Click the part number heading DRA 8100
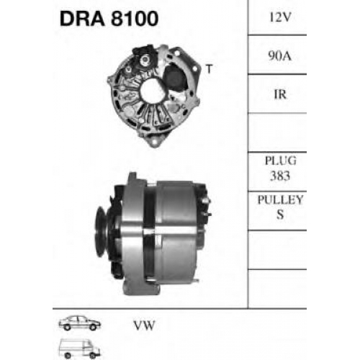[109, 19]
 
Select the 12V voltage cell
[280, 17]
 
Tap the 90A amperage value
[280, 56]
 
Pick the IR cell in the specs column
[280, 94]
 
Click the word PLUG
[281, 161]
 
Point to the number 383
[280, 176]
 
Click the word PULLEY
[280, 199]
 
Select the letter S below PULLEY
[280, 215]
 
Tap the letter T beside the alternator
[210, 69]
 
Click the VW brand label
[145, 325]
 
